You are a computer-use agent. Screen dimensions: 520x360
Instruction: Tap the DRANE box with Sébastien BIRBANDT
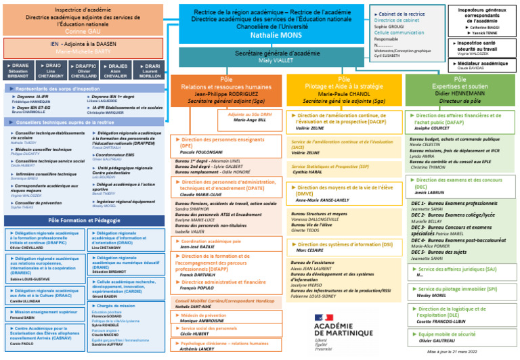coord(18,70)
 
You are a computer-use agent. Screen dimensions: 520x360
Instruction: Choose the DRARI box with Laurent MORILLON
coord(150,70)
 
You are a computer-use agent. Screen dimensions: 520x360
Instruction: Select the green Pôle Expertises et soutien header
coord(460,90)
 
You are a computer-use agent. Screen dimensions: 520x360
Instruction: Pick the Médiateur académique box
coord(481,65)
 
